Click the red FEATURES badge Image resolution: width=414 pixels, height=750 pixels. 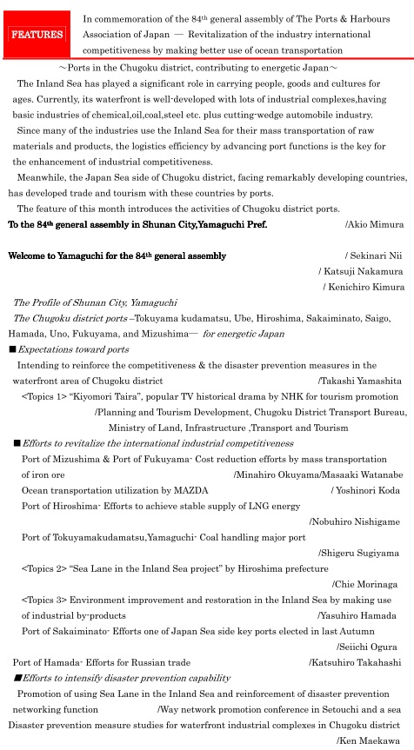tap(37, 35)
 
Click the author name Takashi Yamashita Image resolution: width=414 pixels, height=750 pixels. tap(360, 381)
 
